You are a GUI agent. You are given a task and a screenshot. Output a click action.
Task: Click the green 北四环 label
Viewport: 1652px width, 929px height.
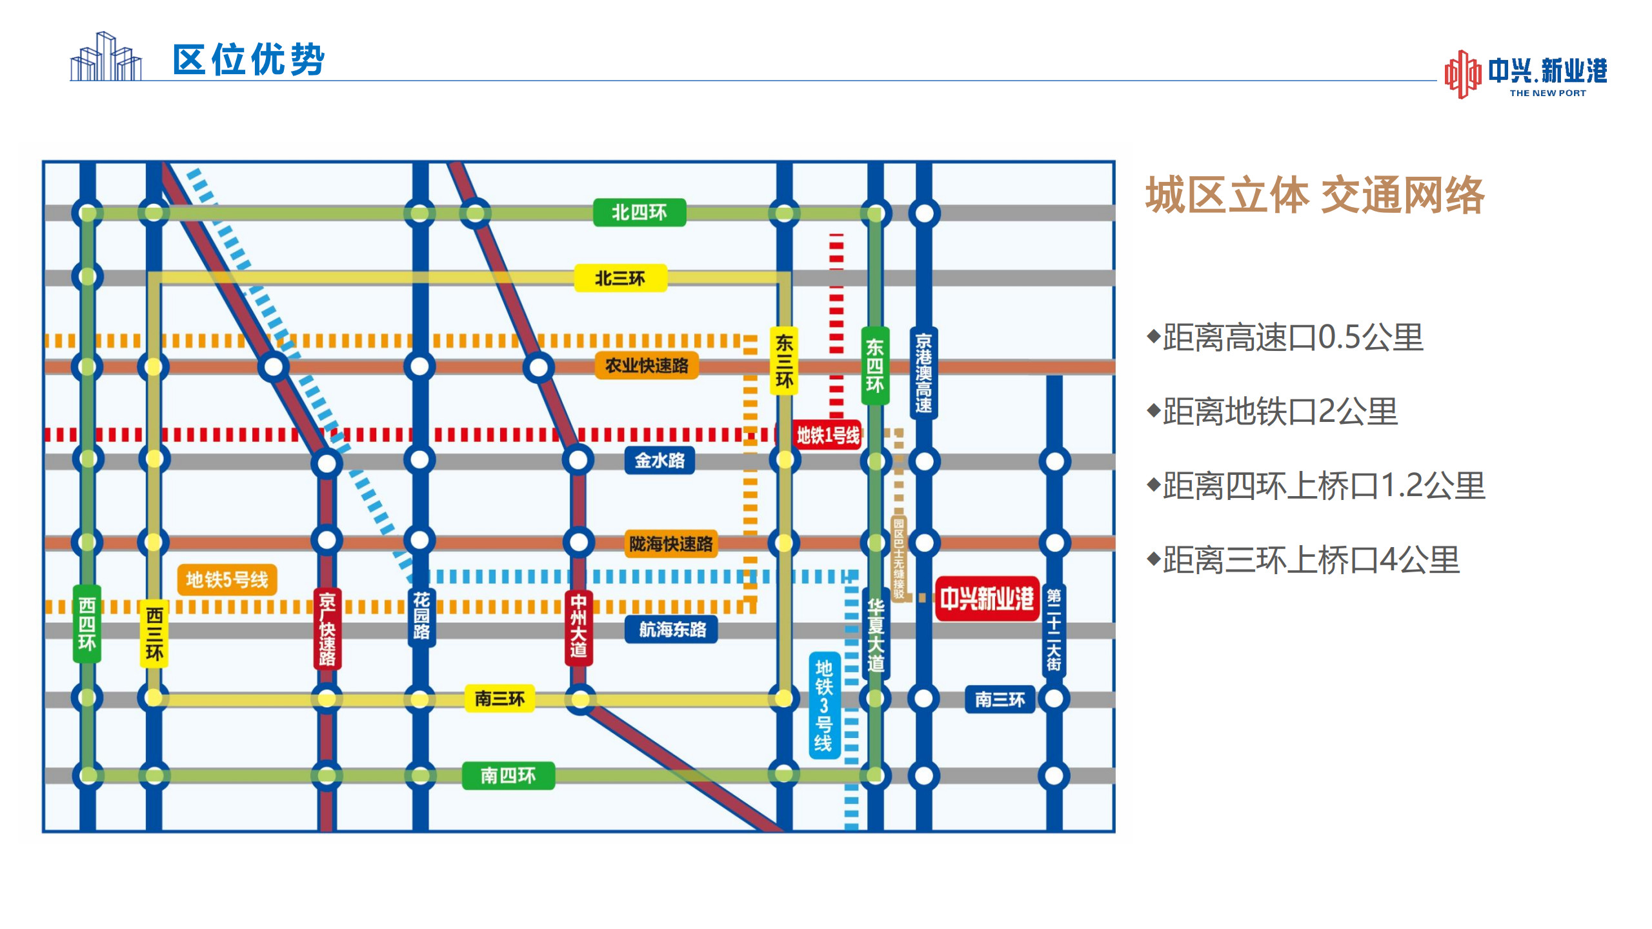[x=639, y=213]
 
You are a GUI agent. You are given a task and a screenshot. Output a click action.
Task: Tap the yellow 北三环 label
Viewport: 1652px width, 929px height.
[x=620, y=278]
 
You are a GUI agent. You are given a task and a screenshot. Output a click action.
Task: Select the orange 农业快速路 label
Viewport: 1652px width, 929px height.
[x=647, y=366]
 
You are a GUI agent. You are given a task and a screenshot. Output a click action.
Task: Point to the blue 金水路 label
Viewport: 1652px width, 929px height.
[x=660, y=461]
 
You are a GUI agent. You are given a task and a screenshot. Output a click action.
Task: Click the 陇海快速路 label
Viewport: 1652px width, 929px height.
[x=671, y=544]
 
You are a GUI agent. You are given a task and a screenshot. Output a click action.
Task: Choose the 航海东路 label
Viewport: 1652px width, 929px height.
[x=672, y=629]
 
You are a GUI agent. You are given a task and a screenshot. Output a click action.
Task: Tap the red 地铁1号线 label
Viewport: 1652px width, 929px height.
[x=829, y=435]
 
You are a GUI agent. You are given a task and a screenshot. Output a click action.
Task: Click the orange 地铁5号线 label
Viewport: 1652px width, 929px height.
[x=227, y=579]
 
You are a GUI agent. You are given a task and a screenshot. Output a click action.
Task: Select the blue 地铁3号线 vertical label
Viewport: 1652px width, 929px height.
[x=824, y=705]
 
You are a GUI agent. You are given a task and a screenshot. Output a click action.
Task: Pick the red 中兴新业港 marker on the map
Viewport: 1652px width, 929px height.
[x=987, y=599]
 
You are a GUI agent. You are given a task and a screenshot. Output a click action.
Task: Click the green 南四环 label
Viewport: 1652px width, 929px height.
[x=509, y=775]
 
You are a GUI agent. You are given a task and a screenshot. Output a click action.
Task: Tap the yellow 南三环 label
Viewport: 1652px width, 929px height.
[x=500, y=699]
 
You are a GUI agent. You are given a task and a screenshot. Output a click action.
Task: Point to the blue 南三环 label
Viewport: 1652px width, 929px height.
[x=1000, y=699]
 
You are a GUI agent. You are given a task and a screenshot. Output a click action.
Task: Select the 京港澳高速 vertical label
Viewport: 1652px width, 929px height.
[x=923, y=373]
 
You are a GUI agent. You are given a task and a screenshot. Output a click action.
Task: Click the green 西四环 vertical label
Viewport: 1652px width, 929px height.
[x=87, y=624]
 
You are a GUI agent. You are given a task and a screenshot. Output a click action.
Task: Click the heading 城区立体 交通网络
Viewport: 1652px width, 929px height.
[x=1315, y=194]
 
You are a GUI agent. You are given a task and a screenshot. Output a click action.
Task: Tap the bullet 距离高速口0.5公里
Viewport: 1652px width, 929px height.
[x=1285, y=337]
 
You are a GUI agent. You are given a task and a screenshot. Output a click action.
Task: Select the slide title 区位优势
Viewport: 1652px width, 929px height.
[x=249, y=60]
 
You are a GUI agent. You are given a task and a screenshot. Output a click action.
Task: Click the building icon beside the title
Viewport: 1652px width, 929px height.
[x=106, y=56]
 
